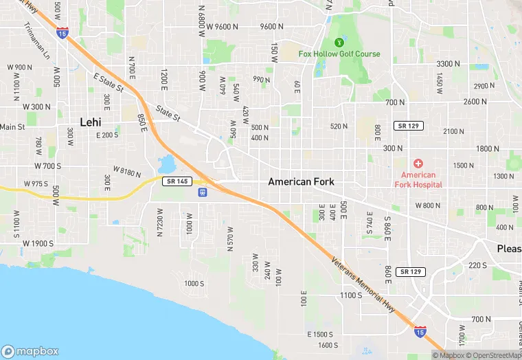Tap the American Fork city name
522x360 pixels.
[x=301, y=181]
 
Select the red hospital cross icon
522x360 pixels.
[x=418, y=164]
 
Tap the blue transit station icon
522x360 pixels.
[x=203, y=192]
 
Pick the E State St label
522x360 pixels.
[x=109, y=84]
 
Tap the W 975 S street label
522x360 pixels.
[x=36, y=184]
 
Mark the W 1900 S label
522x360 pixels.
[x=38, y=243]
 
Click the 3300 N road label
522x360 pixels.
[x=448, y=63]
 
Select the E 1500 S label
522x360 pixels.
[x=319, y=334]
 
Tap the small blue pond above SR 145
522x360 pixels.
[x=166, y=165]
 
